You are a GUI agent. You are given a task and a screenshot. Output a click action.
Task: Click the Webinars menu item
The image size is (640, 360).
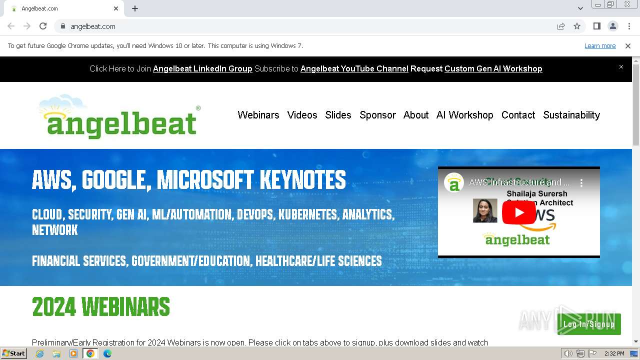(258, 115)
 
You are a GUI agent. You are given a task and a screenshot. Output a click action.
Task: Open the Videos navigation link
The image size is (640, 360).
(302, 115)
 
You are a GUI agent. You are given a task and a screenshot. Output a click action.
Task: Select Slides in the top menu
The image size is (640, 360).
(338, 115)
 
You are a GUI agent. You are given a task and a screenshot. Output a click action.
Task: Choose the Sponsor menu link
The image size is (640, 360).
(377, 115)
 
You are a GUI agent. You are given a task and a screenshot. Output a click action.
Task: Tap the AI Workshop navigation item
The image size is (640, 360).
(464, 115)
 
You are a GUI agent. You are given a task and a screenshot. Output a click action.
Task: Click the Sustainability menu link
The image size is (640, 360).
(571, 115)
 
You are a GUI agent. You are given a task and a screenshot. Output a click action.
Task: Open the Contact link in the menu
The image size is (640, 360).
(518, 115)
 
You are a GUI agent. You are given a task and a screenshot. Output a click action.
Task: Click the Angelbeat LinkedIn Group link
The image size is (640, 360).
(202, 69)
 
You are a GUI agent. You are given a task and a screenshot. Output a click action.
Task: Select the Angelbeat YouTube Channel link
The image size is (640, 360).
(354, 69)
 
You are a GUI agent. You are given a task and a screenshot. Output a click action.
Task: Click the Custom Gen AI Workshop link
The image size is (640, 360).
(493, 69)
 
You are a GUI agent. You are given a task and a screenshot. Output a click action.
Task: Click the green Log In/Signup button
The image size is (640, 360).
(589, 324)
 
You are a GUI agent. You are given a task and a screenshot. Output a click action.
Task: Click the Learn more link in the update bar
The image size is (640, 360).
(600, 46)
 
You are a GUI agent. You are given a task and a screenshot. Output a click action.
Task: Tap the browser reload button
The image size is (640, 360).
(43, 26)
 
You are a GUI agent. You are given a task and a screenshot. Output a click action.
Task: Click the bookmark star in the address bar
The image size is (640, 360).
(577, 26)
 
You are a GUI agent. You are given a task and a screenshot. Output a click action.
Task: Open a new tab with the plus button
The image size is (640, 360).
(135, 8)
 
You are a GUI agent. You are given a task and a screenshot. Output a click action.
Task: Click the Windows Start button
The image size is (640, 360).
(13, 353)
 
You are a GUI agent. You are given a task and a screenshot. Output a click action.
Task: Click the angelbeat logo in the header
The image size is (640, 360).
(119, 117)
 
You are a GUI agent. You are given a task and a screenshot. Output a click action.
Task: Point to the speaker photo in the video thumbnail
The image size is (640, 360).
(485, 210)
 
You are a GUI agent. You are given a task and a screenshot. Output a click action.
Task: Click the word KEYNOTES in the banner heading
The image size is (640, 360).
(302, 180)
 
